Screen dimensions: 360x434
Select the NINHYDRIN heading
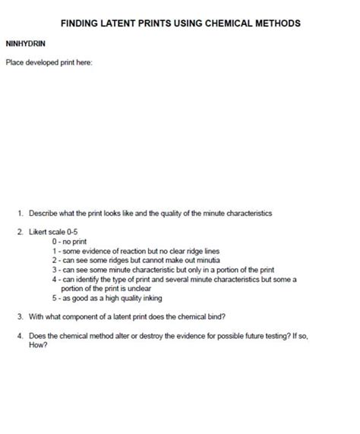(x=26, y=44)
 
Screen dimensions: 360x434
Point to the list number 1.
(x=20, y=214)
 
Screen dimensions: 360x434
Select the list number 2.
(x=20, y=232)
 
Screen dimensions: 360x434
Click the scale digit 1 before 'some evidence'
(x=55, y=250)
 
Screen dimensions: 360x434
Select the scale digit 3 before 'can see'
(x=55, y=269)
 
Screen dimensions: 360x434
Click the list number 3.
(x=20, y=315)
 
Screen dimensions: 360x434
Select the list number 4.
(x=20, y=334)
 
